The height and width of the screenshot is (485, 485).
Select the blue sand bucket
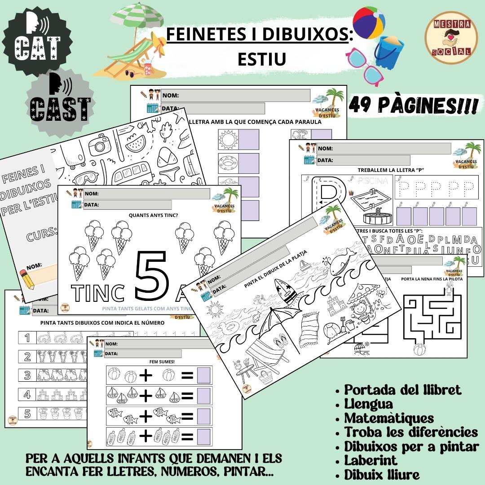(389, 52)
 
